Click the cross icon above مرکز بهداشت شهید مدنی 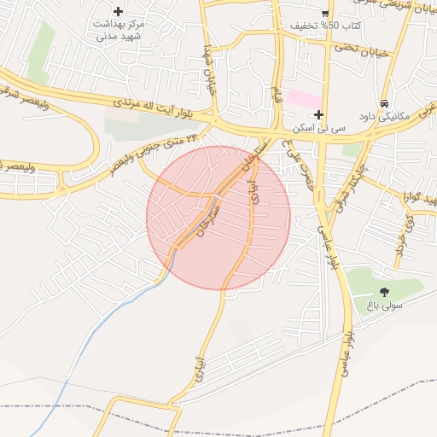click(x=118, y=10)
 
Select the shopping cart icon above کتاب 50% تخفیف click(x=325, y=13)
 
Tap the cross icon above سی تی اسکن click(x=318, y=114)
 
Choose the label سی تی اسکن click(x=319, y=127)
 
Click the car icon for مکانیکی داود click(x=385, y=102)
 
